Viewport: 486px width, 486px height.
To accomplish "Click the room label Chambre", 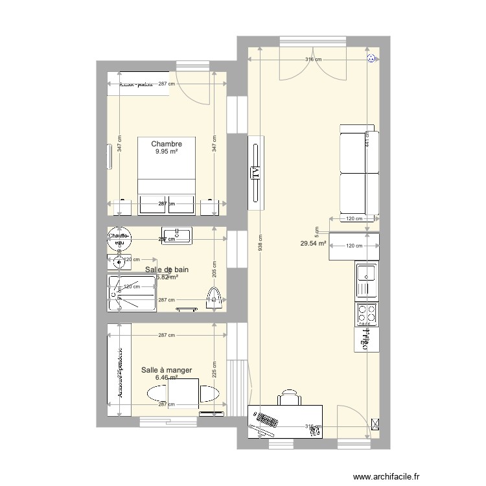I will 166,143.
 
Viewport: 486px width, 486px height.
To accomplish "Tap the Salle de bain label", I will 167,270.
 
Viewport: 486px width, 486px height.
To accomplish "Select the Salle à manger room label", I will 167,370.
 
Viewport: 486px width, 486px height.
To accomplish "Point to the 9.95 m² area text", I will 166,152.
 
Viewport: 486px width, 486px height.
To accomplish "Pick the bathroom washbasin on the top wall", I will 177,235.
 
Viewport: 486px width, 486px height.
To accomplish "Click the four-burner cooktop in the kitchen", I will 365,314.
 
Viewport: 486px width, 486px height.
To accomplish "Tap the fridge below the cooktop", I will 365,338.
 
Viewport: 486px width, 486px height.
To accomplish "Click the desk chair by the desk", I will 290,397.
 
